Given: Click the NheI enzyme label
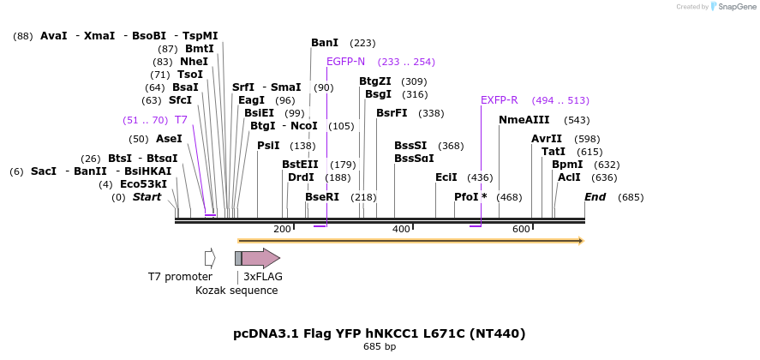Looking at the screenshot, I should tap(194, 62).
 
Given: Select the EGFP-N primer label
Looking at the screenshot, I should tap(345, 62).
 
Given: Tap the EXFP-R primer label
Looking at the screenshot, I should tap(499, 100).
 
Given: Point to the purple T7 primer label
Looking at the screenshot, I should tap(181, 120).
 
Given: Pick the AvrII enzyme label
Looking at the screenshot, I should tap(546, 139).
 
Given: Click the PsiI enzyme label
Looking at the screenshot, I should tap(268, 146).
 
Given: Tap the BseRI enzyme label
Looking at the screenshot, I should tap(322, 197).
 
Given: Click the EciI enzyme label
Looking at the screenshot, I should tap(446, 177).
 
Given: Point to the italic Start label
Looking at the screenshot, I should tap(147, 197).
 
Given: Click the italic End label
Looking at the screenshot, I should tap(595, 197).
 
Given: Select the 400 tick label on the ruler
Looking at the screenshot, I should tap(401, 230).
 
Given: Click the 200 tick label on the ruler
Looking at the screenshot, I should tap(282, 230).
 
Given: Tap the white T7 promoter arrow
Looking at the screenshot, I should tap(210, 258).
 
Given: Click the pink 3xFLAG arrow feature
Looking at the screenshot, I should tap(261, 258).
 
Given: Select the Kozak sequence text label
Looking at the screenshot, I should tap(236, 291).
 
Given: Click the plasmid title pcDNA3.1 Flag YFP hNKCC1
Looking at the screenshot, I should tap(379, 333).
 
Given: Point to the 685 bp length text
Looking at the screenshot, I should tap(379, 347).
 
